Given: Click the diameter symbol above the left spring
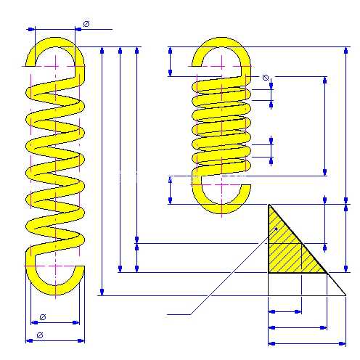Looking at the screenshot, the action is tap(86, 24).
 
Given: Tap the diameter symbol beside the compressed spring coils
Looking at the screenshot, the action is tap(266, 78).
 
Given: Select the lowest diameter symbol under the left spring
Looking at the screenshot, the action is tap(40, 335).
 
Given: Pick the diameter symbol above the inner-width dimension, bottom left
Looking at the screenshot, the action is tap(43, 317).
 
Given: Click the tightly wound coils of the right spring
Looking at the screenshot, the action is tap(221, 126).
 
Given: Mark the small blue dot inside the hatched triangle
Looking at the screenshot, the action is tap(276, 229).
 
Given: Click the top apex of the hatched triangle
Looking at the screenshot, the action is tap(269, 205).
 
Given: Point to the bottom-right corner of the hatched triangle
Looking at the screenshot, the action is tap(327, 273).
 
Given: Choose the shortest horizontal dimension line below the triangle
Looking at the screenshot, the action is tap(285, 311).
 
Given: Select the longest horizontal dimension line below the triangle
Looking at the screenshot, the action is tap(307, 343).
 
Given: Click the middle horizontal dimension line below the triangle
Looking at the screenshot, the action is tap(298, 327).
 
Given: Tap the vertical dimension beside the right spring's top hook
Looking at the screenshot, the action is tap(171, 62).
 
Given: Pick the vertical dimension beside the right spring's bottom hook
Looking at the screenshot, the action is tap(171, 190).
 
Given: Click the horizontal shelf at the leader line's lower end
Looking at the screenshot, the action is tap(179, 314).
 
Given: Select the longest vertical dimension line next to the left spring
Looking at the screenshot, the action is tap(102, 171).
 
